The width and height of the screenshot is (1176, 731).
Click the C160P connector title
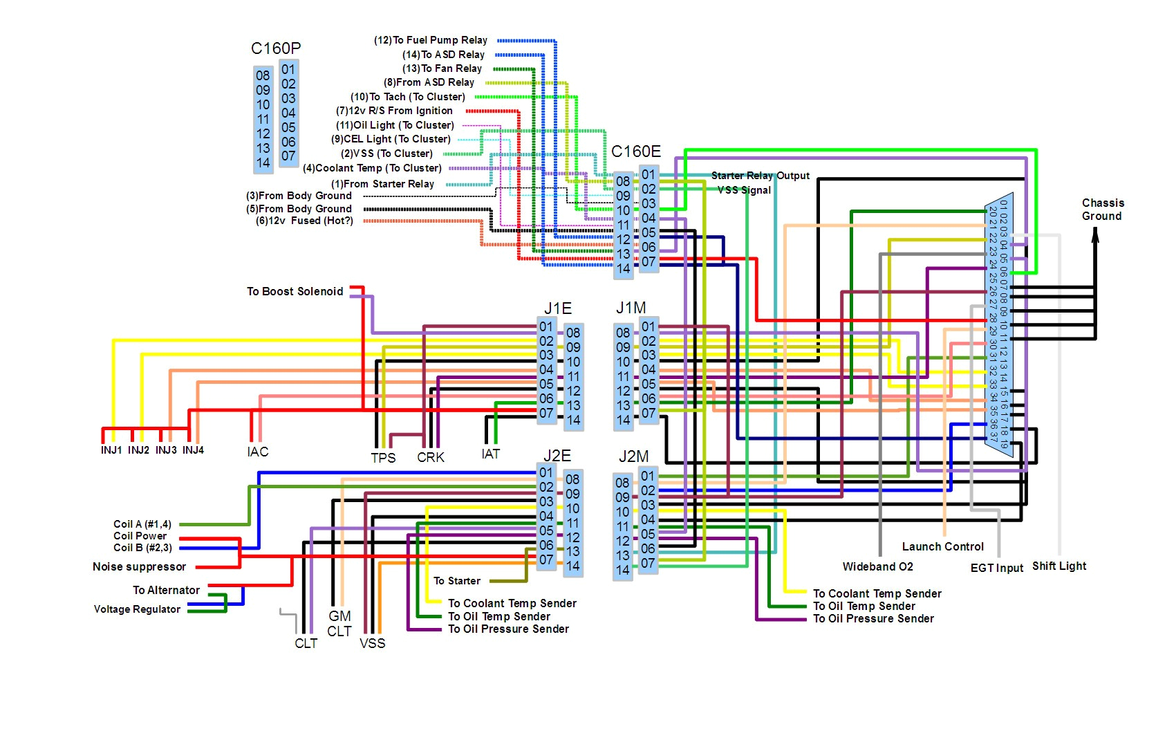click(x=276, y=48)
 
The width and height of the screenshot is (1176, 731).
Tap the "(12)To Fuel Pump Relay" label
click(x=431, y=40)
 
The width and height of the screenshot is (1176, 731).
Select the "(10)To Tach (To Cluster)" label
click(x=408, y=97)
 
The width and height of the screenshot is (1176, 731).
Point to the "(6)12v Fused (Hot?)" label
click(x=304, y=221)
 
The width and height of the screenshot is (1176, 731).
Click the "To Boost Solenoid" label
click(x=295, y=291)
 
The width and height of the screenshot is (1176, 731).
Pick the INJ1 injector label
click(x=111, y=450)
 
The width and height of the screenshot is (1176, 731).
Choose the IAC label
click(x=258, y=452)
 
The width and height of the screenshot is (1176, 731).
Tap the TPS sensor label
click(x=383, y=457)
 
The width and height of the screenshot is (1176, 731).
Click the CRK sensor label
click(x=431, y=457)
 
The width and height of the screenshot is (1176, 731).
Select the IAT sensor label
click(x=491, y=454)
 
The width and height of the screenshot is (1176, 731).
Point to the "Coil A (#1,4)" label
click(x=142, y=524)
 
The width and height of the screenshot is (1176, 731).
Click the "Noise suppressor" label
click(x=140, y=567)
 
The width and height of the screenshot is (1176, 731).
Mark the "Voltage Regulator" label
click(x=137, y=609)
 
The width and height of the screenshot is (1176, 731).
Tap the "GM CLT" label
click(x=339, y=623)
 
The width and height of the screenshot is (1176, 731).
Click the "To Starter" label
click(x=457, y=581)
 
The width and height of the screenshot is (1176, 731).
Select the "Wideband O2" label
click(x=877, y=567)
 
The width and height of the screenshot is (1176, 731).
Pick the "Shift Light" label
click(x=1059, y=566)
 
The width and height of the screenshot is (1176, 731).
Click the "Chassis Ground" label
click(x=1103, y=210)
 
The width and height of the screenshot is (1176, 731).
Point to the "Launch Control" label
click(x=942, y=546)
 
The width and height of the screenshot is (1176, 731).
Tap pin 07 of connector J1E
click(x=546, y=414)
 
